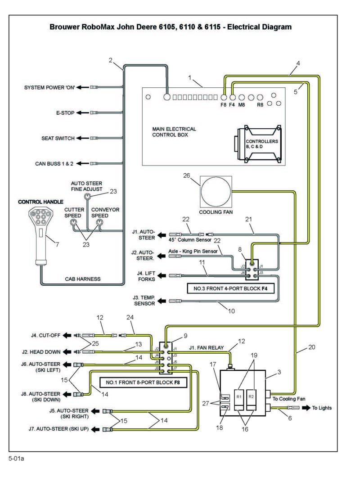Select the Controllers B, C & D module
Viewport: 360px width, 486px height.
tap(258, 144)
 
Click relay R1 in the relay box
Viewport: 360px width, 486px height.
tap(239, 399)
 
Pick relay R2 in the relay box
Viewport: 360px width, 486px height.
tap(252, 399)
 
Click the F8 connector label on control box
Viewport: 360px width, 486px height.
tap(223, 105)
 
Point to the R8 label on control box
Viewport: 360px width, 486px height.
tap(260, 105)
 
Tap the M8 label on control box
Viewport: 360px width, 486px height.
tap(242, 105)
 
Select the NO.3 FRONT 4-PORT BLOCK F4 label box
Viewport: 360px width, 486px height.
tap(230, 288)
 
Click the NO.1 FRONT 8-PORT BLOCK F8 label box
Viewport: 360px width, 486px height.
tap(143, 382)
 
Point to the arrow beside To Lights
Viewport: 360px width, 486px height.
tap(306, 408)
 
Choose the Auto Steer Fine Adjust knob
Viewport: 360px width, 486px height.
tap(88, 197)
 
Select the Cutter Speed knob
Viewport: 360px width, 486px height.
tap(73, 222)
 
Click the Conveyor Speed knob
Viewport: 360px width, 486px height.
tap(99, 222)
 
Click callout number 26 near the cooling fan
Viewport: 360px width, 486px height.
tap(186, 175)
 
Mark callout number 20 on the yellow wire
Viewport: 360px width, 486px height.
tap(312, 347)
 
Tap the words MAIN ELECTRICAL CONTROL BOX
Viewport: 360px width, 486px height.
tap(174, 132)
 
